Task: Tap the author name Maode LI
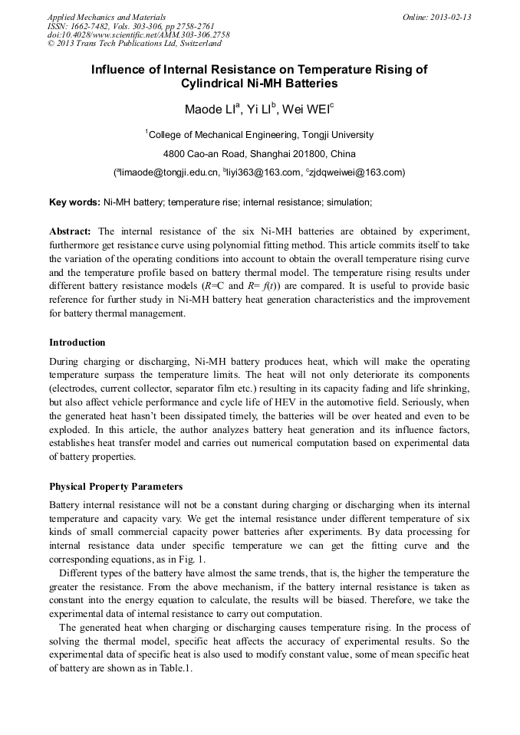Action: pyautogui.click(x=207, y=110)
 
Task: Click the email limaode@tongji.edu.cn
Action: pyautogui.click(x=166, y=172)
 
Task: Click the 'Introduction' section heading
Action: pyautogui.click(x=77, y=343)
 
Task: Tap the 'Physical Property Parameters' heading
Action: pyautogui.click(x=117, y=487)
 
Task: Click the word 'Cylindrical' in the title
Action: pyautogui.click(x=212, y=84)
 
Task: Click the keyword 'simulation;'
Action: pyautogui.click(x=351, y=202)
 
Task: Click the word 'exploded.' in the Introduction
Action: pyautogui.click(x=71, y=431)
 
